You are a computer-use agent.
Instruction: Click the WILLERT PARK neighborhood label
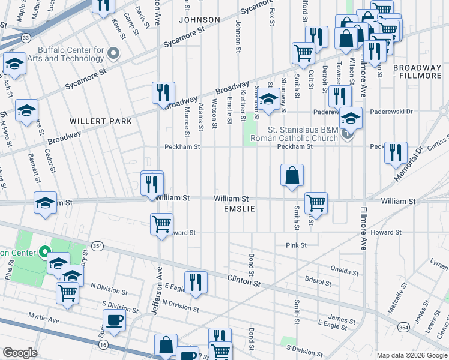pyautogui.click(x=101, y=121)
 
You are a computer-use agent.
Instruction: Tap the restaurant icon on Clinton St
pyautogui.click(x=195, y=282)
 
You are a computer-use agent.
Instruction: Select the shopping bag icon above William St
pyautogui.click(x=292, y=175)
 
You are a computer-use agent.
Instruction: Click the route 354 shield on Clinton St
pyautogui.click(x=98, y=245)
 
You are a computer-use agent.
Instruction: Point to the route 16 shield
pyautogui.click(x=104, y=345)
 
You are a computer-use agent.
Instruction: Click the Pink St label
pyautogui.click(x=296, y=245)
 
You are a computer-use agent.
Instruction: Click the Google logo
pyautogui.click(x=20, y=353)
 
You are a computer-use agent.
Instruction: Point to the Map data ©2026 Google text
pyautogui.click(x=411, y=355)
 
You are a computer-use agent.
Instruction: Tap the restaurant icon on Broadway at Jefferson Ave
pyautogui.click(x=163, y=93)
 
